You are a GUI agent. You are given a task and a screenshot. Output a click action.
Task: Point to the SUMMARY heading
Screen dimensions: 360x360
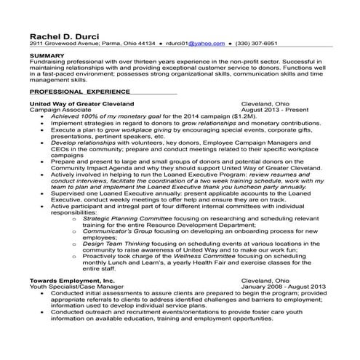(47, 55)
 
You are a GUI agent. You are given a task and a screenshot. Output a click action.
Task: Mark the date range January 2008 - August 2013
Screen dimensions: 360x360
(284, 286)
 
